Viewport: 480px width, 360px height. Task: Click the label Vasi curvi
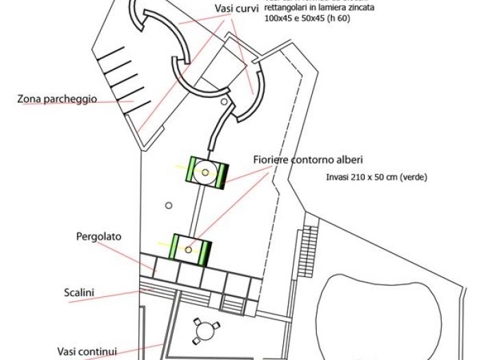pyautogui.click(x=235, y=8)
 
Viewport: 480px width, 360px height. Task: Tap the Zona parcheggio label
pyautogui.click(x=57, y=99)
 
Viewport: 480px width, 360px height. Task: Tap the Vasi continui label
pyautogui.click(x=88, y=350)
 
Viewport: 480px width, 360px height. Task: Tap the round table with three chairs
pyautogui.click(x=202, y=331)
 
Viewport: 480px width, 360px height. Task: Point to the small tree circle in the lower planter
pyautogui.click(x=189, y=249)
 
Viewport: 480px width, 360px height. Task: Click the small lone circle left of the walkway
pyautogui.click(x=167, y=205)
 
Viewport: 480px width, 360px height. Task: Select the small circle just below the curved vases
pyautogui.click(x=225, y=101)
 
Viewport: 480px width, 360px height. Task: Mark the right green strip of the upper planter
pyautogui.click(x=221, y=175)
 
